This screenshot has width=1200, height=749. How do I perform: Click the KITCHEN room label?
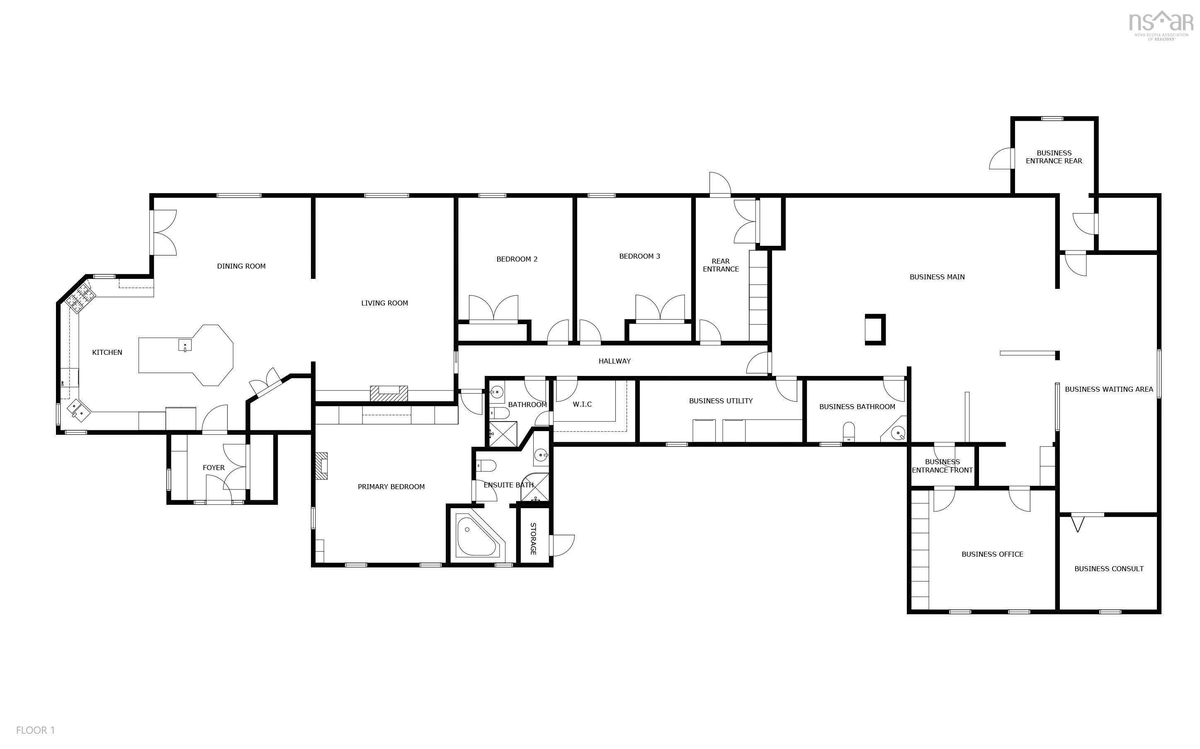tap(107, 353)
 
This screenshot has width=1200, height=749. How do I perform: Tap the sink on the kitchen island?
tap(185, 345)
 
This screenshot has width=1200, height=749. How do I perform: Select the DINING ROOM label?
tap(241, 267)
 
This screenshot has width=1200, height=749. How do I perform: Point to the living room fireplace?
tap(389, 394)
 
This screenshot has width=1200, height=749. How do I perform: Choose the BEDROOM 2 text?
tap(517, 259)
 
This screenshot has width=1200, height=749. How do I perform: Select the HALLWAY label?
tap(615, 361)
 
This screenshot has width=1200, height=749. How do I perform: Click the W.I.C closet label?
tap(582, 405)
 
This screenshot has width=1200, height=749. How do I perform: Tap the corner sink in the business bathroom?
tap(897, 434)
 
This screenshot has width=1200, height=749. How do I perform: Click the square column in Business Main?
tap(875, 330)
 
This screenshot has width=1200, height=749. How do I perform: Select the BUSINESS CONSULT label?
tap(1109, 569)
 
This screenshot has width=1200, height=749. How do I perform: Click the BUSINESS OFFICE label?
tap(992, 554)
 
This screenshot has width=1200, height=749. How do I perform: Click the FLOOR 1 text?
tap(35, 730)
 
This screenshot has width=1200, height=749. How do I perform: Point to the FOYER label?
tap(214, 468)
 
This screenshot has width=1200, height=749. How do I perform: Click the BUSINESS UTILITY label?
tap(720, 401)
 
